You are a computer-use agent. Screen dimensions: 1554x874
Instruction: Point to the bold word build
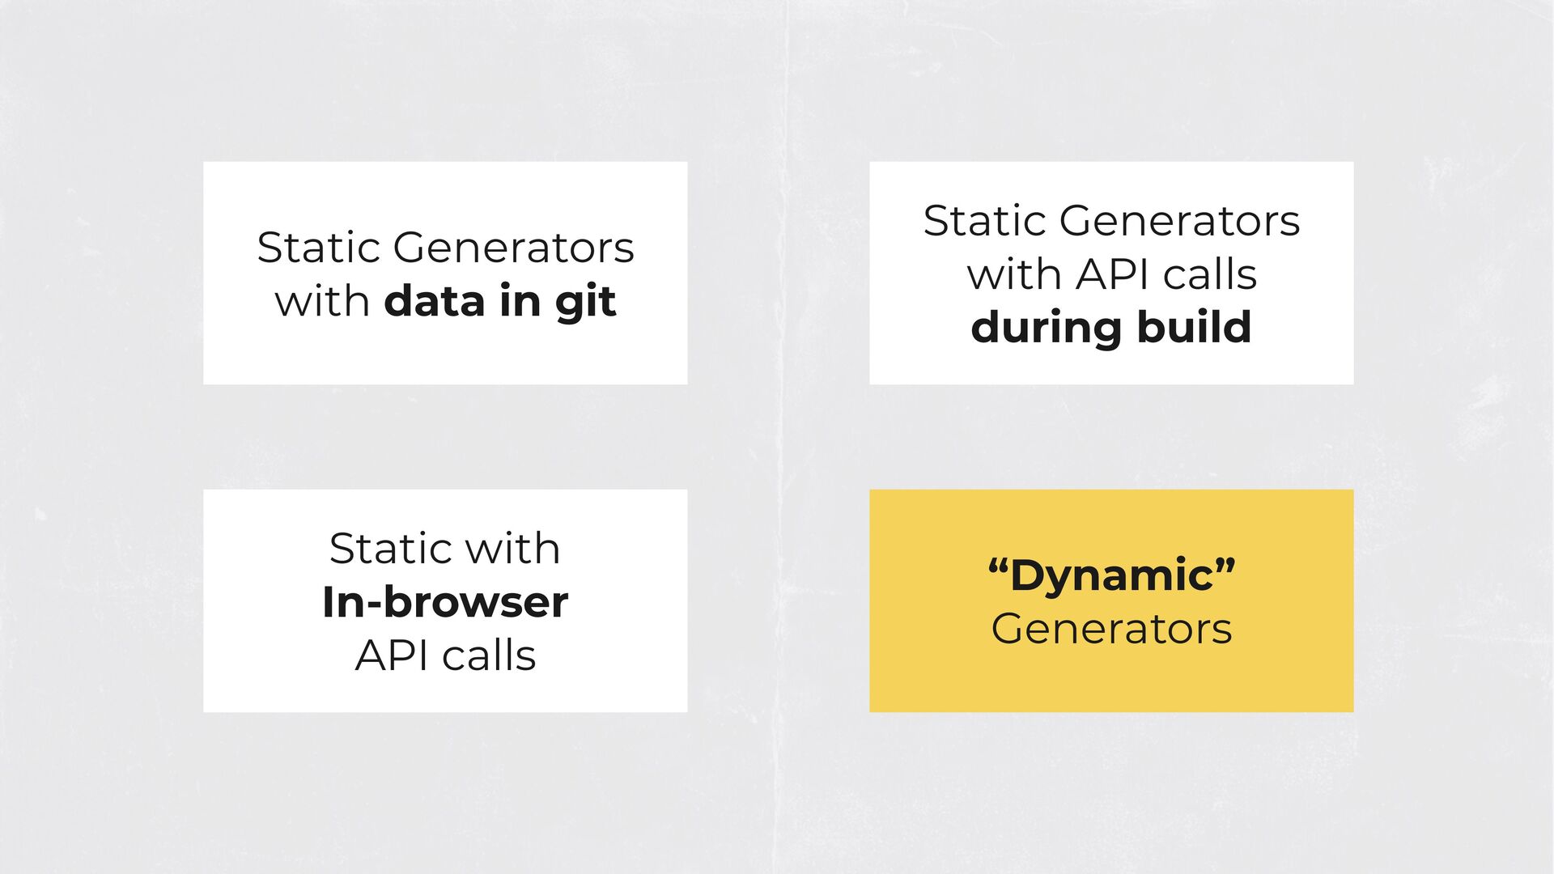point(1195,326)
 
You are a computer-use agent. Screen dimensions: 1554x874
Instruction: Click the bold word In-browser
point(445,602)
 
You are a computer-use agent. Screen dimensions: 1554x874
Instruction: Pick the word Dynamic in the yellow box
point(1111,575)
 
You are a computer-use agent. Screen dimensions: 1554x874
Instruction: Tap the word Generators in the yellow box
point(1111,629)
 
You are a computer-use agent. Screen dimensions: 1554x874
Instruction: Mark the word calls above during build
point(1210,274)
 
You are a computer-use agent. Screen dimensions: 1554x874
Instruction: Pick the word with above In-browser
point(512,548)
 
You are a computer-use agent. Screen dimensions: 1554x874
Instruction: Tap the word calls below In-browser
point(490,655)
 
